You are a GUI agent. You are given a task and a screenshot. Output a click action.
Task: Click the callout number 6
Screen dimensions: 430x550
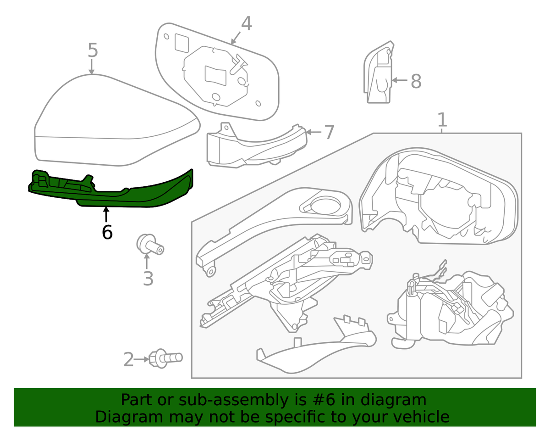click(x=107, y=232)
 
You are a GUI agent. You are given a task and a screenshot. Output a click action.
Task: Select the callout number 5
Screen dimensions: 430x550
click(x=93, y=50)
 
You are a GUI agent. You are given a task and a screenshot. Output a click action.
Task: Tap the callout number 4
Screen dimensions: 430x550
click(x=246, y=24)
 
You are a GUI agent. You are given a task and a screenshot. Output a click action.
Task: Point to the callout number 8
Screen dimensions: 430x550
click(x=415, y=82)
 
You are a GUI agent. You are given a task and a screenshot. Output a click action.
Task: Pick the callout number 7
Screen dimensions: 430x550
click(x=329, y=133)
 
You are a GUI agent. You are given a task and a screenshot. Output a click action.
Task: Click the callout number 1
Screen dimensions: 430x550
click(x=442, y=120)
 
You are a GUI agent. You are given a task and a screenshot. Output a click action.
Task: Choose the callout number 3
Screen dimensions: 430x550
click(x=148, y=278)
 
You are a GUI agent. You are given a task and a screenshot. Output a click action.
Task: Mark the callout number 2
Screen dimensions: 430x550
click(x=128, y=359)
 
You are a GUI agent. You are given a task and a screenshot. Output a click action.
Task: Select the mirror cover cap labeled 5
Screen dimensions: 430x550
click(x=115, y=124)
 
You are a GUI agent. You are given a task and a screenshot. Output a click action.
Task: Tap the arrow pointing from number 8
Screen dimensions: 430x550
click(x=400, y=81)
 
